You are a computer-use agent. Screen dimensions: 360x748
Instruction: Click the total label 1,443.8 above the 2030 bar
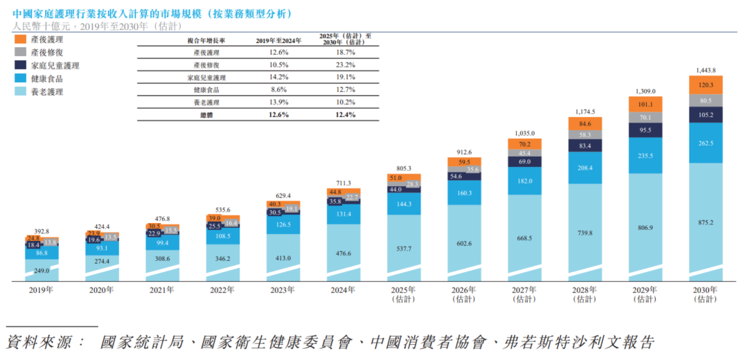tap(705, 71)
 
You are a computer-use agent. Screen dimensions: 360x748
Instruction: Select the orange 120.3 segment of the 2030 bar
tap(705, 84)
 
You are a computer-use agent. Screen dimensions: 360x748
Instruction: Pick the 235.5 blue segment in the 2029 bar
tap(645, 156)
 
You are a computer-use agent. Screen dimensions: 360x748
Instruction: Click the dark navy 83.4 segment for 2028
tap(585, 146)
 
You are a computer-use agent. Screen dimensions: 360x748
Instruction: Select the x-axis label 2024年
tap(344, 290)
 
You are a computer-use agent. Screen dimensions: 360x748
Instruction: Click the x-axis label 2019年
tap(42, 290)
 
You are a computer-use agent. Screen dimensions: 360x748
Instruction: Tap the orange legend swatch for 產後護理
tap(20, 39)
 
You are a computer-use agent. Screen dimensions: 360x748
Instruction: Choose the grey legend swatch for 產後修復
tap(20, 52)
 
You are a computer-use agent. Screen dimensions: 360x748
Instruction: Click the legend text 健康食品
tap(48, 78)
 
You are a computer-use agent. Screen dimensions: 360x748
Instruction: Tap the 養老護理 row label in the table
tap(206, 102)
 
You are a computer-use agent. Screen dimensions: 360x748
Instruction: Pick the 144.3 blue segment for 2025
tap(404, 204)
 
